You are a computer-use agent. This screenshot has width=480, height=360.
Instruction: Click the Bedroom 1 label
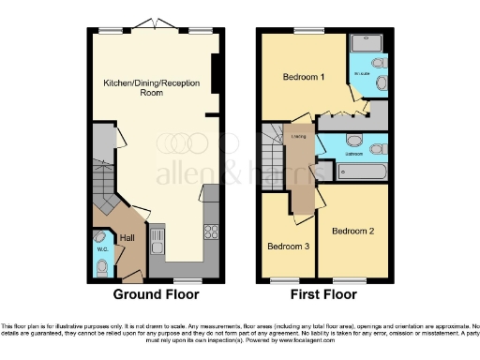[x=304, y=78]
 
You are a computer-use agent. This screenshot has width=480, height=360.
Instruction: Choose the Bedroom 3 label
[x=288, y=247]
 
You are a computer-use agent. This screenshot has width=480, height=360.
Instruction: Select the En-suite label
[x=361, y=74]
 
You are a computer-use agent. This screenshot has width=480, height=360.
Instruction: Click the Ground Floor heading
[x=156, y=294]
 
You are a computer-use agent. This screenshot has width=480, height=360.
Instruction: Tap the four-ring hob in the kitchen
[x=211, y=232]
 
